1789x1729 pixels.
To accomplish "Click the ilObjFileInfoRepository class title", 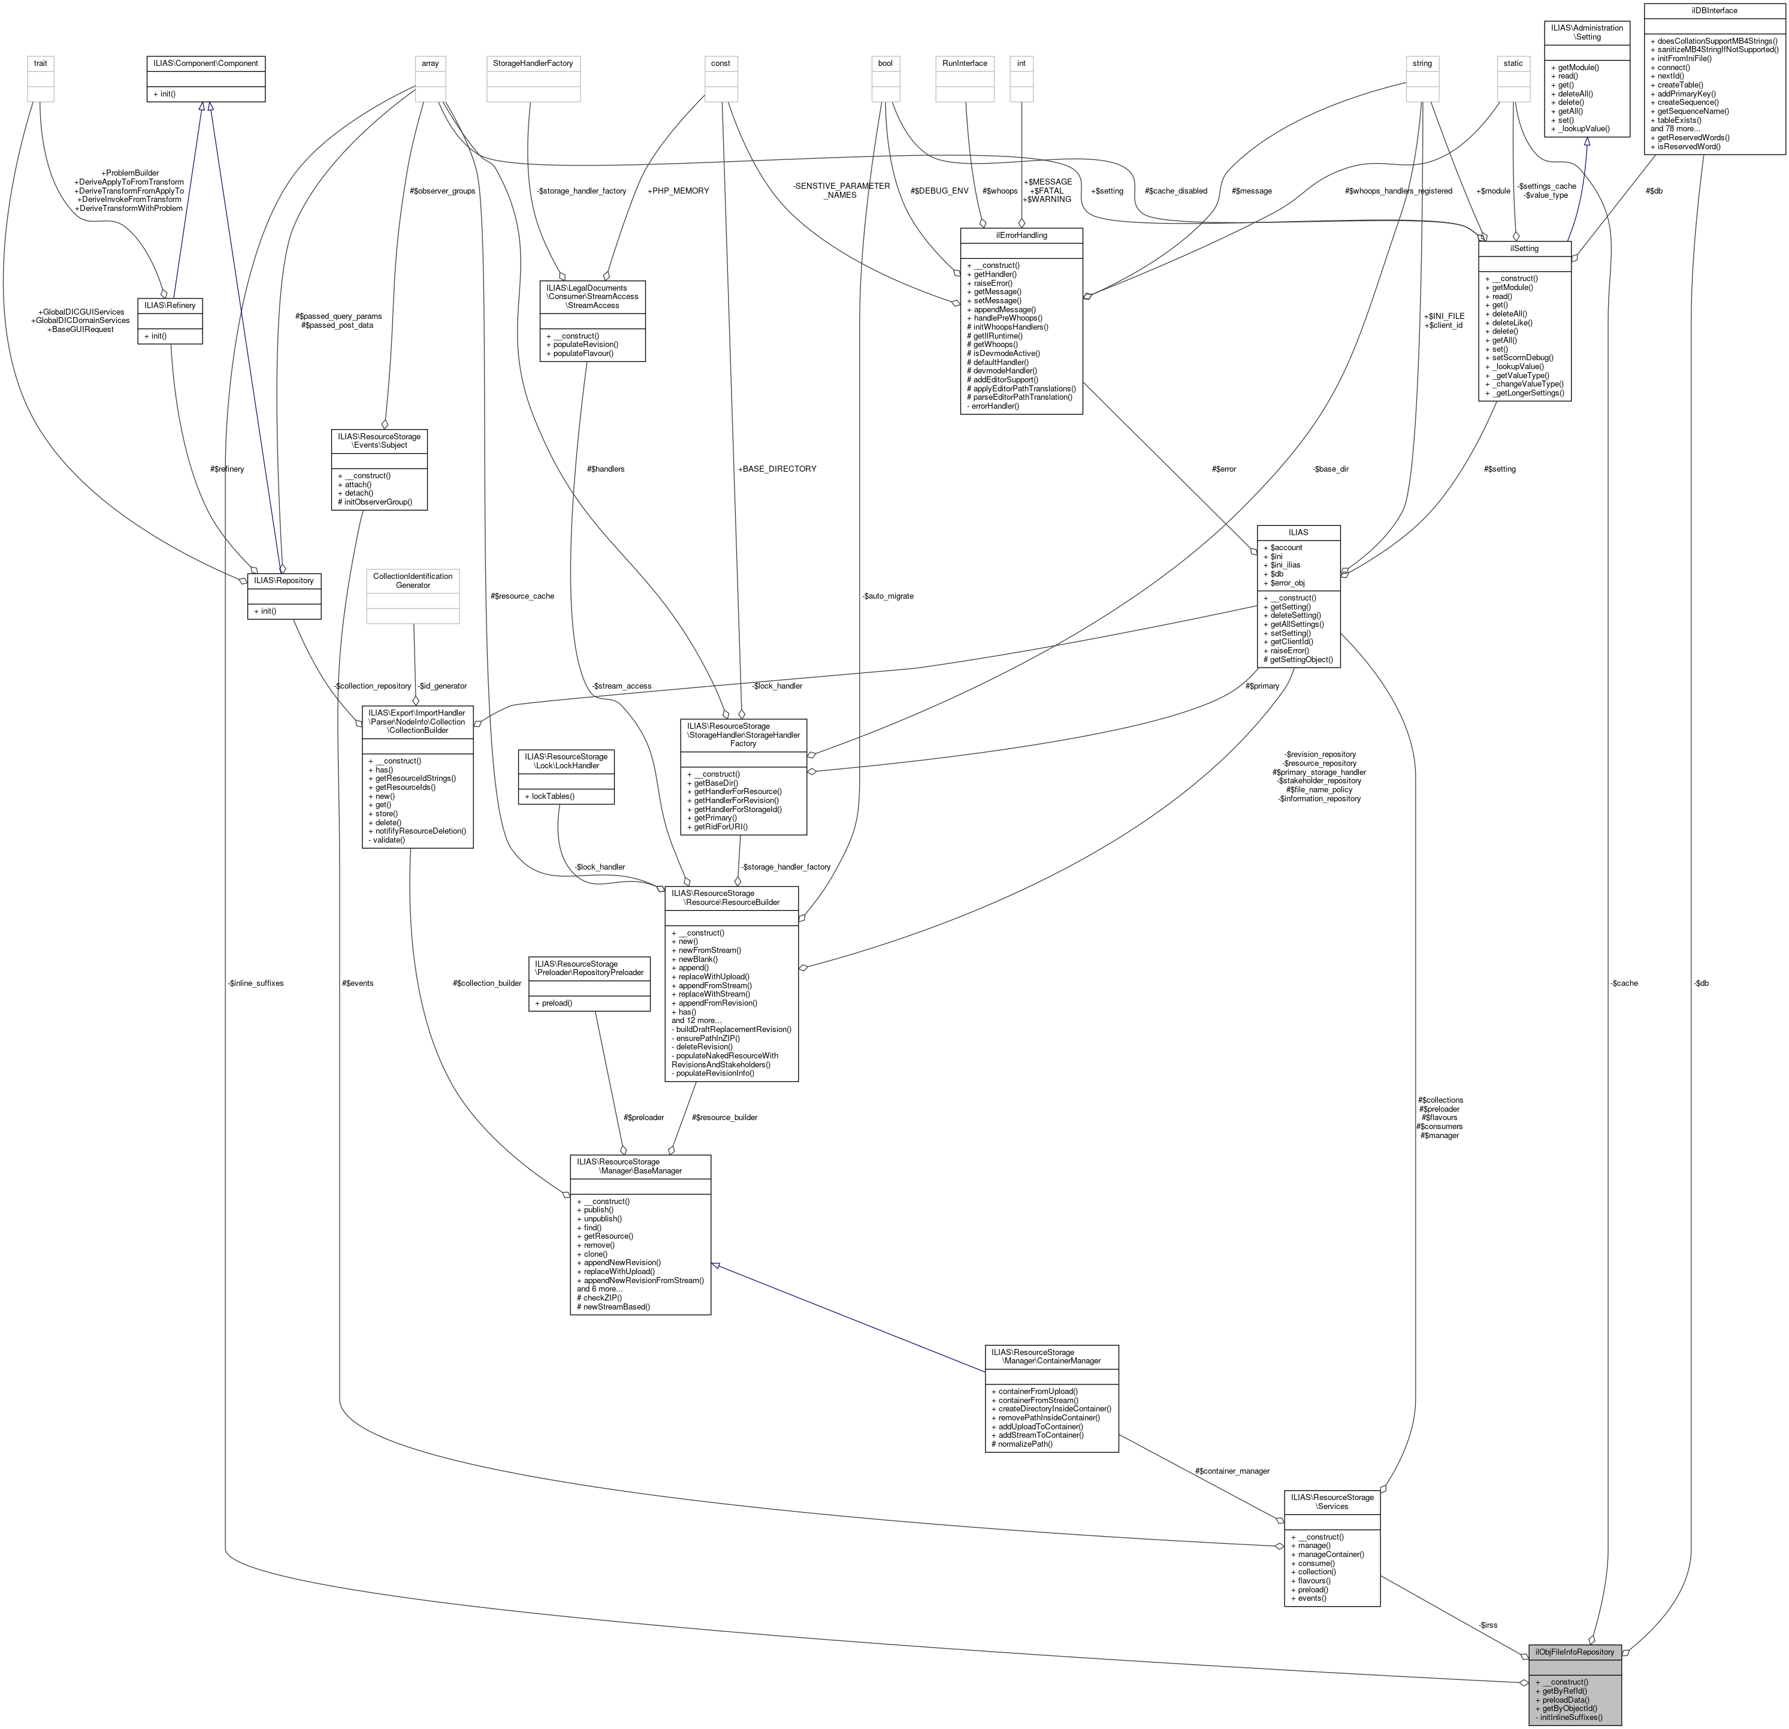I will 1575,1652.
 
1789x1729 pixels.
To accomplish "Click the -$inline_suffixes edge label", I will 256,983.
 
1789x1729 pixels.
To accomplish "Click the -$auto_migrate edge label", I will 887,596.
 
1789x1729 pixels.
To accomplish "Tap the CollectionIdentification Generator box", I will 413,581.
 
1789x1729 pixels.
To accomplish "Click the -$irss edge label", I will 1488,1624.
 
